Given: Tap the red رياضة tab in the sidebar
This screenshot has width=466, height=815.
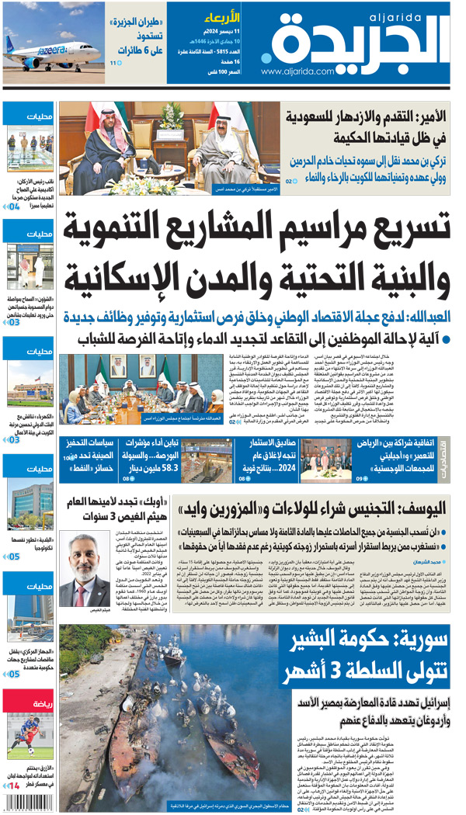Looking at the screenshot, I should point(30,703).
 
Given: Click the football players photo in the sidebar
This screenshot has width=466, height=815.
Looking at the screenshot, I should point(30,737).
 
